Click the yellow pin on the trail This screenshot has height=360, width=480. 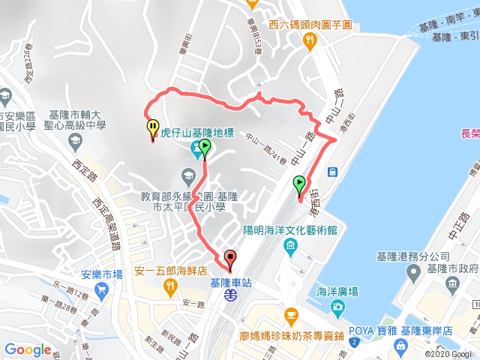coord(152,129)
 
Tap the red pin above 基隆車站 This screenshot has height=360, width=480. coord(229,258)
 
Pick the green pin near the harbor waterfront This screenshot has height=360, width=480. coord(300,185)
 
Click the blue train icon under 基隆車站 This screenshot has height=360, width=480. coord(230,295)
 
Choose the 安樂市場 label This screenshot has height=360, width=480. coord(97,274)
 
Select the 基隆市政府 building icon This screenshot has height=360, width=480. coord(450,283)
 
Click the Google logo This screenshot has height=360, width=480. coord(28,349)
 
